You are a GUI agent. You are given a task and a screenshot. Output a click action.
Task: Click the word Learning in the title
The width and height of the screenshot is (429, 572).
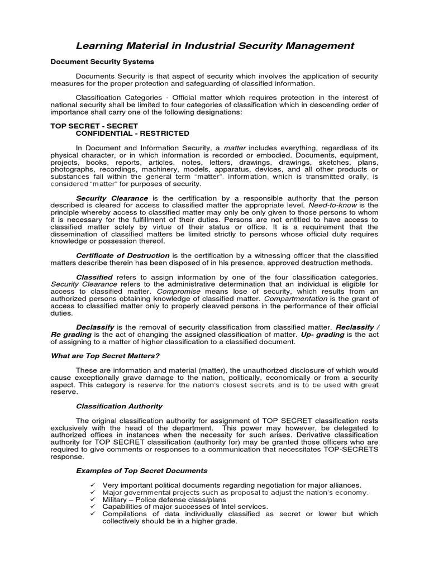click(100, 45)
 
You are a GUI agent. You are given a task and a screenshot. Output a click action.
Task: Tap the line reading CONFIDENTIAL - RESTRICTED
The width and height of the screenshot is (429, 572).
click(132, 133)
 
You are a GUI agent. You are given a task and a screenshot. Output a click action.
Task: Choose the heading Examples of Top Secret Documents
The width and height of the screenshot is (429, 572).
click(141, 470)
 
